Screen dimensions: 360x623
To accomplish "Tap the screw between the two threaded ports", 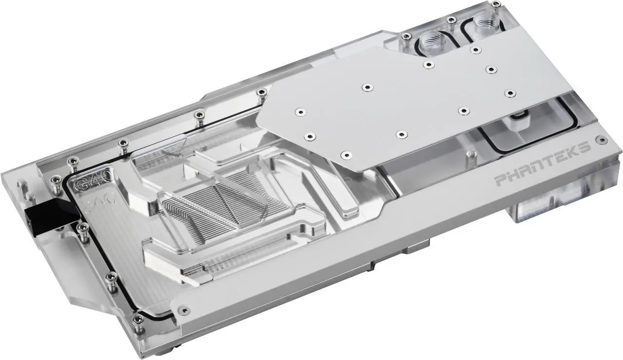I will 452,20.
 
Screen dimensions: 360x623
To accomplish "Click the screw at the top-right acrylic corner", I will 495,4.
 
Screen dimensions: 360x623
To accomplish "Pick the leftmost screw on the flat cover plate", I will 298,112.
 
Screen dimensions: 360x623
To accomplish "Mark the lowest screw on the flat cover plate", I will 345,155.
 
